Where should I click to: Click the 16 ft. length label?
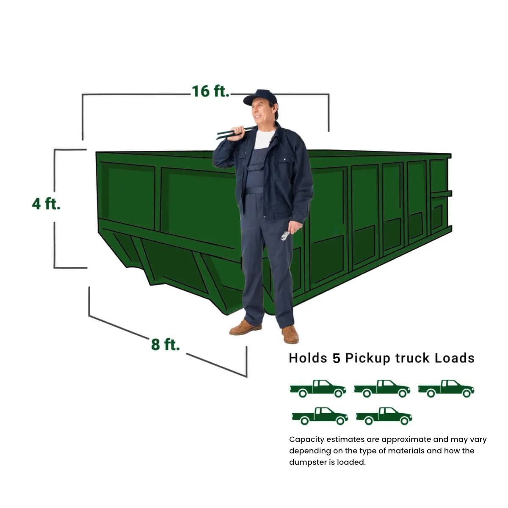[210, 91]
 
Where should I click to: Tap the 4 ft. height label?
[46, 204]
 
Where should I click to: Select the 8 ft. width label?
[165, 344]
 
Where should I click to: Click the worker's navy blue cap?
[261, 97]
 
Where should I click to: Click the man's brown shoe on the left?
[245, 328]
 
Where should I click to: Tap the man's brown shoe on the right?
[290, 334]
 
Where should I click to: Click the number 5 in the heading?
[336, 358]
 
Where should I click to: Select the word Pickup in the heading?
[367, 358]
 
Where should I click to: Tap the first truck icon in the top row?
[318, 388]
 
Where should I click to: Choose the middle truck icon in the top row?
[382, 388]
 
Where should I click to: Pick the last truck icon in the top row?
[446, 388]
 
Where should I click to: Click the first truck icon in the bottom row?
[320, 416]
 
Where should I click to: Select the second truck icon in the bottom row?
[384, 416]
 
